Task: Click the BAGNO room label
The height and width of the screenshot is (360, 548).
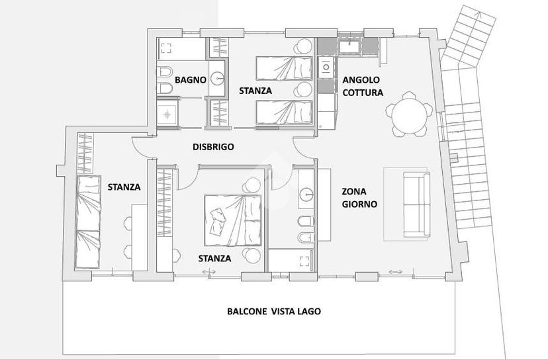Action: (x=190, y=79)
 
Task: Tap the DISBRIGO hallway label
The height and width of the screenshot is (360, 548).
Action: (x=213, y=147)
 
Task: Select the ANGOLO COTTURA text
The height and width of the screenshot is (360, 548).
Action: (x=363, y=86)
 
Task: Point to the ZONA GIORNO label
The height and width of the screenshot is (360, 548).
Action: (x=359, y=197)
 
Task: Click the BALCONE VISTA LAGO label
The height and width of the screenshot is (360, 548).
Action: (x=273, y=311)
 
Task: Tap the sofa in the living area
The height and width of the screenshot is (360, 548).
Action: (x=416, y=204)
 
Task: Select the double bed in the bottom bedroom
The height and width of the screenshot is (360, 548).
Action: (x=233, y=220)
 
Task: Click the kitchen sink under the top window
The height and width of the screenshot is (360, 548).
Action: (x=350, y=47)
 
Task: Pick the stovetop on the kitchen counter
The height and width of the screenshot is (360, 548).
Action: (x=326, y=67)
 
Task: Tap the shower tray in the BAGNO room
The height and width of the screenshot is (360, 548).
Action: (x=167, y=112)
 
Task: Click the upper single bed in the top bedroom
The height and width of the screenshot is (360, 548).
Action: (x=284, y=68)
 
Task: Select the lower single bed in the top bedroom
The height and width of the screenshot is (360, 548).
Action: (x=284, y=112)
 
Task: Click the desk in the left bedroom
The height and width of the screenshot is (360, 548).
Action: (x=140, y=238)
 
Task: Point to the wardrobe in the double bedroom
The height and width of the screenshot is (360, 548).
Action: (x=165, y=202)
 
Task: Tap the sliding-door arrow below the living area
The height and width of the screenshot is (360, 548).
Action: (x=396, y=272)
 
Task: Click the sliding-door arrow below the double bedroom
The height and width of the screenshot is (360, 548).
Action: (x=209, y=272)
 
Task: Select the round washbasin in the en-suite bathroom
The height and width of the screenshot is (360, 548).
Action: (x=306, y=195)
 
